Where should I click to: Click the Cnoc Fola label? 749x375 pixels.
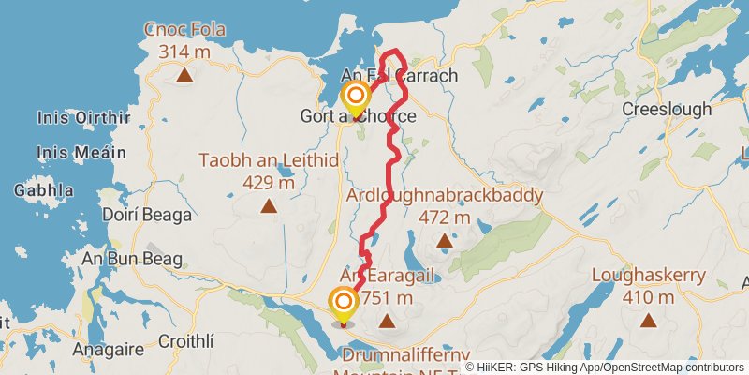185,30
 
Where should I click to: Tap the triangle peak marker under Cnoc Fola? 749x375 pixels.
185,76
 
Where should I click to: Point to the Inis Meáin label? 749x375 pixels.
81,152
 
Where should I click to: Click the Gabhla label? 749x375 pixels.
43,190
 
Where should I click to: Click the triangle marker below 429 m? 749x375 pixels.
269,205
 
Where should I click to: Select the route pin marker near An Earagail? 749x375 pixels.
344,305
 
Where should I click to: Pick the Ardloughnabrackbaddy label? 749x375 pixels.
445,195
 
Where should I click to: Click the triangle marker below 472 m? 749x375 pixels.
445,242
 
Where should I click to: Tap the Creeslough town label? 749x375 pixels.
667,110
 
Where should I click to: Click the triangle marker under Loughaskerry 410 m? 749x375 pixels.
647,321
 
